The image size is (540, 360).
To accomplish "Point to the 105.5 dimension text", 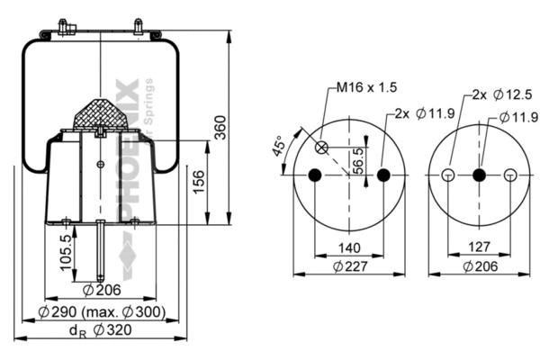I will (x=66, y=252).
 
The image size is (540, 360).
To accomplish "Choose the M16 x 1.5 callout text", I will (x=366, y=87).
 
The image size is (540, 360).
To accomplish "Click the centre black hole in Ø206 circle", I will (x=478, y=175).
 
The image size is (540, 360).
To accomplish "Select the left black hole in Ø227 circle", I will (x=314, y=175).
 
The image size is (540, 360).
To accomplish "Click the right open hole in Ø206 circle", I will (x=510, y=175).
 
